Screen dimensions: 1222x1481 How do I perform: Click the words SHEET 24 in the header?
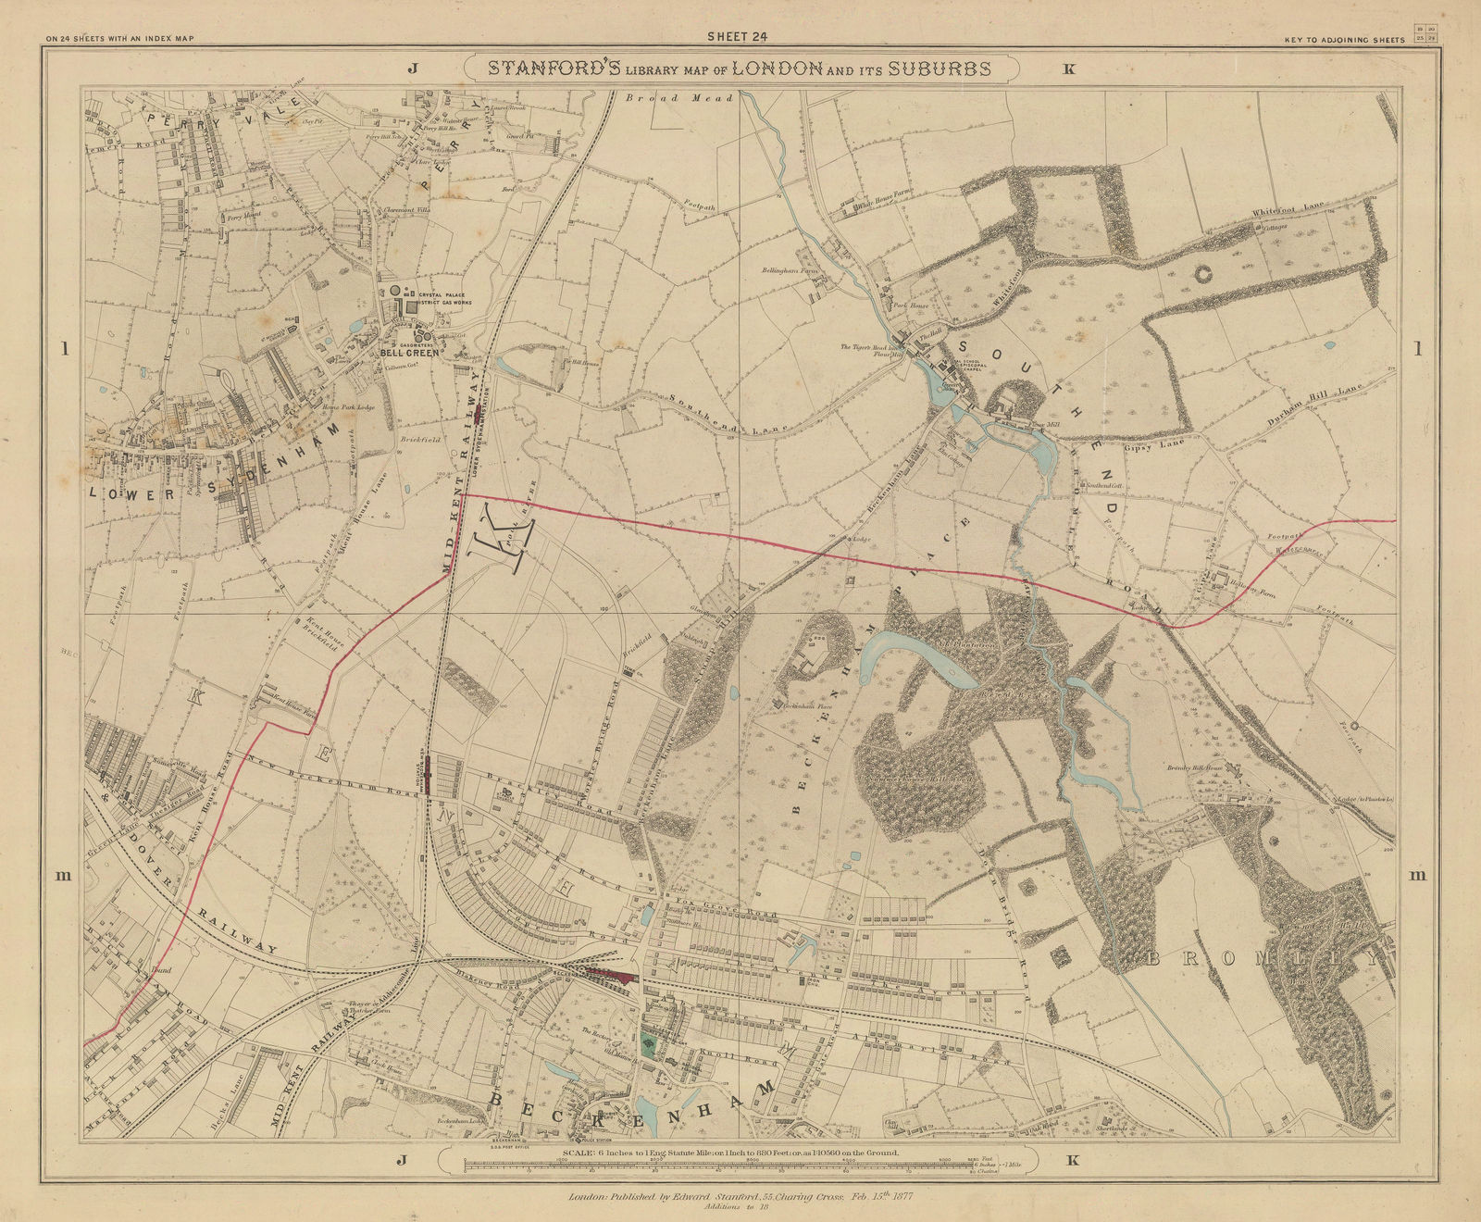pos(738,37)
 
